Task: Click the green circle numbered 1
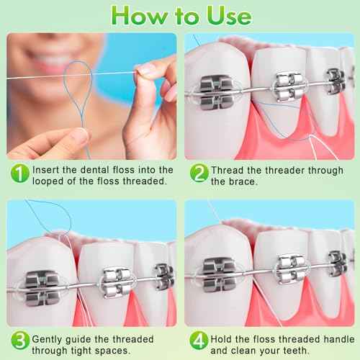(19, 173)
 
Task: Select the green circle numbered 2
(198, 173)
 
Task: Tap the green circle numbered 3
(19, 340)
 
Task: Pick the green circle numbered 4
(198, 340)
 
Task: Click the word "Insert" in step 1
(46, 169)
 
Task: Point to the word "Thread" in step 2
(228, 169)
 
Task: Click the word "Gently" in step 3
(48, 335)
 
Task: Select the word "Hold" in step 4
(222, 335)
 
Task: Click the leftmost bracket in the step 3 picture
(41, 283)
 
